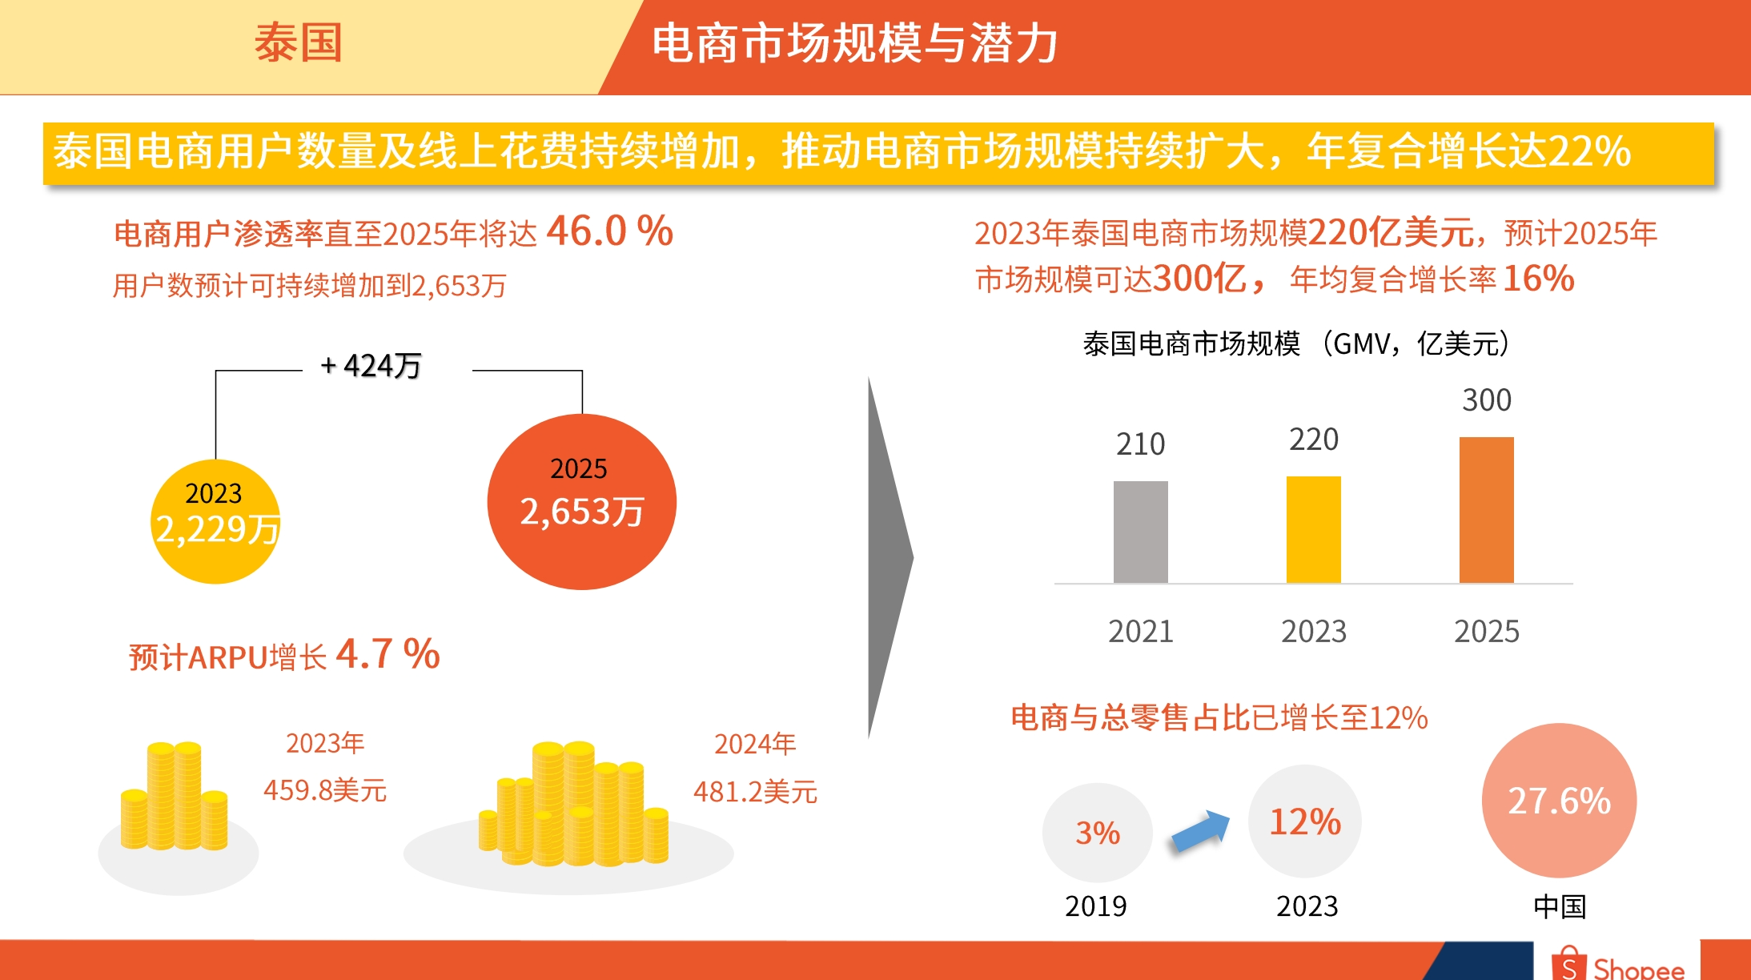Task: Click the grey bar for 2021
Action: (1140, 532)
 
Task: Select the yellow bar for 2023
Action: (1313, 529)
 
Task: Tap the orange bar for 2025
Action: (1486, 510)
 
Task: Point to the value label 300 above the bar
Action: (1487, 400)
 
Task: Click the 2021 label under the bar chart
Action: (1140, 632)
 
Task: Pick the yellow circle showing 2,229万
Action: (215, 521)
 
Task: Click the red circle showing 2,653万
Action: (581, 502)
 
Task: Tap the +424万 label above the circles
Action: (371, 366)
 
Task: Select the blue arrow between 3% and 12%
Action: (1200, 831)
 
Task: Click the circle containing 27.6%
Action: (1559, 801)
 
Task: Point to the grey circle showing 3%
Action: (1097, 833)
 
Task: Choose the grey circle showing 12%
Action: (1305, 821)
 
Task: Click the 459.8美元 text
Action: (325, 790)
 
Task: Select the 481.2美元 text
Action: (755, 792)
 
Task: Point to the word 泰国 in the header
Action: (299, 43)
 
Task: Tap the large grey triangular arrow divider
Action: (887, 557)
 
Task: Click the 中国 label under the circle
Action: (1560, 906)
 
